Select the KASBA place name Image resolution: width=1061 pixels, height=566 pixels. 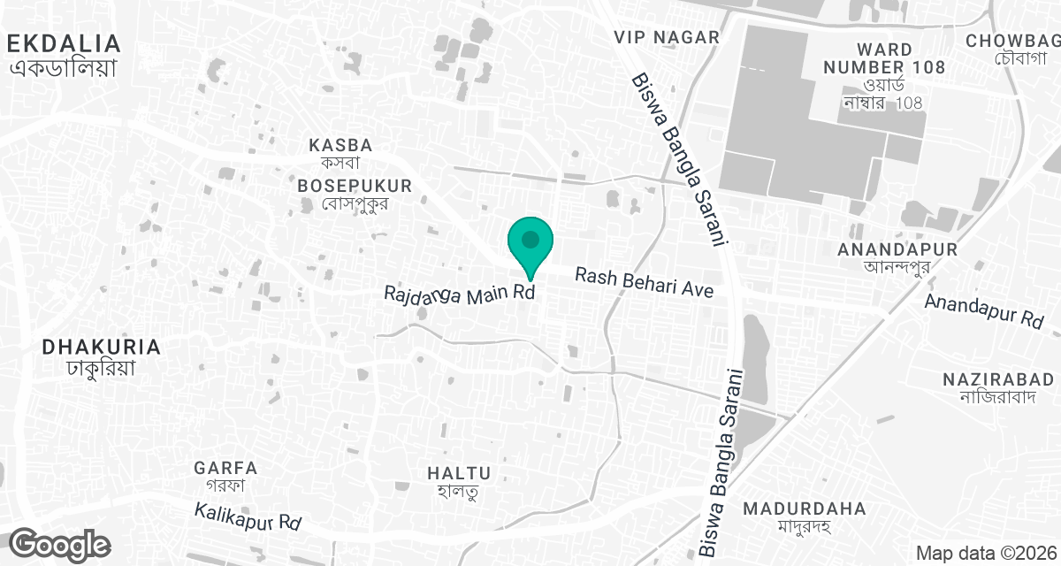point(340,144)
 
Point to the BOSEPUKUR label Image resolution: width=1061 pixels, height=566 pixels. point(355,186)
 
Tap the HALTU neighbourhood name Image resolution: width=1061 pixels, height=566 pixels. point(458,473)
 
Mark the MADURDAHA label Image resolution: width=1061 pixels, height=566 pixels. point(804,509)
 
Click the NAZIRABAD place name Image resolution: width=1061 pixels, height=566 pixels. point(997,379)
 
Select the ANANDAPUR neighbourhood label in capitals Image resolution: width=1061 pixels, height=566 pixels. point(897,249)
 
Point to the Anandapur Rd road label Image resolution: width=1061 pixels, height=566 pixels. point(984,313)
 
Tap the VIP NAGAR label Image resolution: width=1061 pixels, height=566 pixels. point(668,37)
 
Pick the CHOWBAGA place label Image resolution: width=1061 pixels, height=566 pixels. point(1013,41)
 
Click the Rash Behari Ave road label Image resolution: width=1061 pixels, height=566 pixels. point(644,283)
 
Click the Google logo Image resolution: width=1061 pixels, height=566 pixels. point(60,545)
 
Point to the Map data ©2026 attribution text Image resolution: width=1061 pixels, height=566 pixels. point(983,553)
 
